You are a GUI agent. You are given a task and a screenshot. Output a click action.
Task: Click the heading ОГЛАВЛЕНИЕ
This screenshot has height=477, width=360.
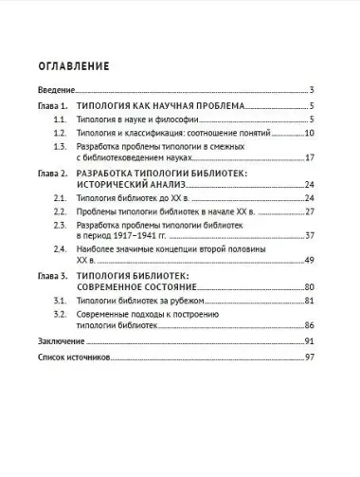pyautogui.click(x=73, y=67)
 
